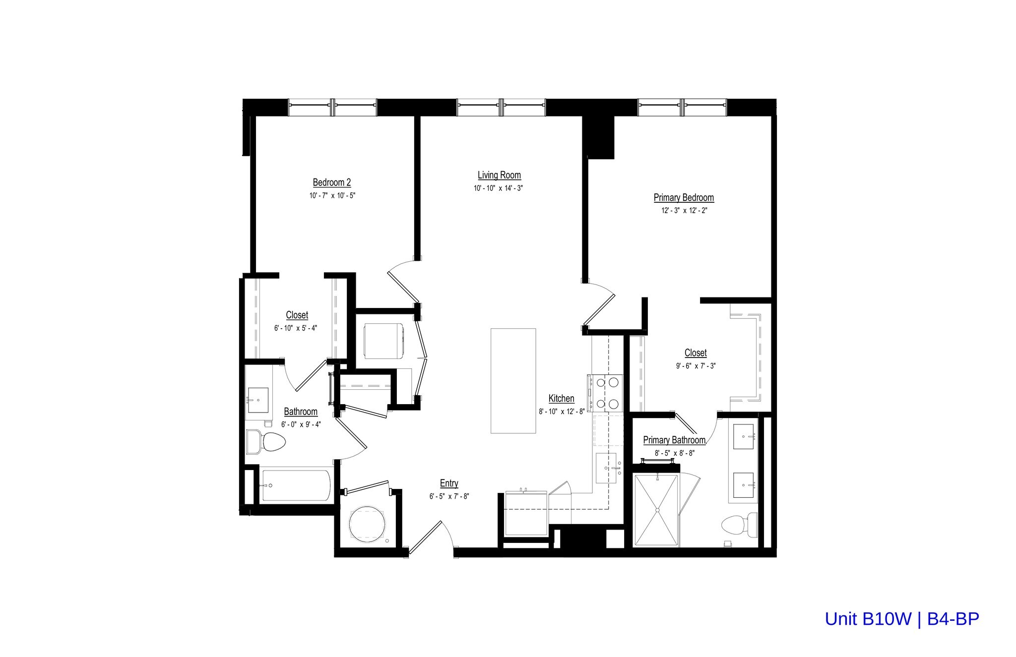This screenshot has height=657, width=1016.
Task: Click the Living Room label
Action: (499, 175)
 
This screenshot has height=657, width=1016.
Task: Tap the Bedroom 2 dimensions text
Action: (332, 195)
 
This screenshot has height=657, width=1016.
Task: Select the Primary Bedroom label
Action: (684, 197)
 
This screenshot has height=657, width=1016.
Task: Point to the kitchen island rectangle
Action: (513, 380)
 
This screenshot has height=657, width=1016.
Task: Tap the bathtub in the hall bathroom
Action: (296, 485)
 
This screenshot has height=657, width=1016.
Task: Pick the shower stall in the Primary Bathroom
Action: (656, 510)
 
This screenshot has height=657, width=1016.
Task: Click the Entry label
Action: (449, 483)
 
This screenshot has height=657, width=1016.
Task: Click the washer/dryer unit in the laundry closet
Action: (385, 341)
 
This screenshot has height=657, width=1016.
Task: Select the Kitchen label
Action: (561, 398)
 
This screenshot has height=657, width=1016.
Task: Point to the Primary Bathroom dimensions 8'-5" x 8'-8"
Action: (674, 453)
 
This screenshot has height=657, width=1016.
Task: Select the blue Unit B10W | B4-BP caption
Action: (901, 619)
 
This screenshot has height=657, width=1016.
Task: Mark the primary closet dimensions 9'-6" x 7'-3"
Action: (696, 366)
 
